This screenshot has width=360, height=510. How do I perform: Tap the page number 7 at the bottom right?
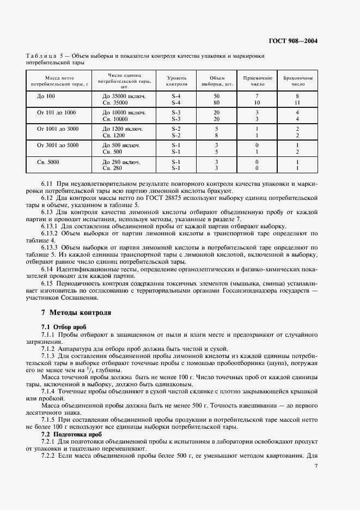pos(316,466)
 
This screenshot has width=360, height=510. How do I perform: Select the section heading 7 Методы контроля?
pos(76,313)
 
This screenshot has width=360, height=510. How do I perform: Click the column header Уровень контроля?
pos(177,82)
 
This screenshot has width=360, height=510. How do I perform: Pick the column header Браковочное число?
pos(297,82)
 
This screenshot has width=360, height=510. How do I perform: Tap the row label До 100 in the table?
pos(46,96)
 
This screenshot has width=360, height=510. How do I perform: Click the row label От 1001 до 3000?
pos(58,129)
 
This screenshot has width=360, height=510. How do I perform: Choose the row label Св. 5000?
pos(48,162)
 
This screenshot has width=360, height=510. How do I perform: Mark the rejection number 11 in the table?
pos(297,102)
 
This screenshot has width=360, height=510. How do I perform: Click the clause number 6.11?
pos(47,184)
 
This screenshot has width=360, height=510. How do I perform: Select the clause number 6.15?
pos(47,283)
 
